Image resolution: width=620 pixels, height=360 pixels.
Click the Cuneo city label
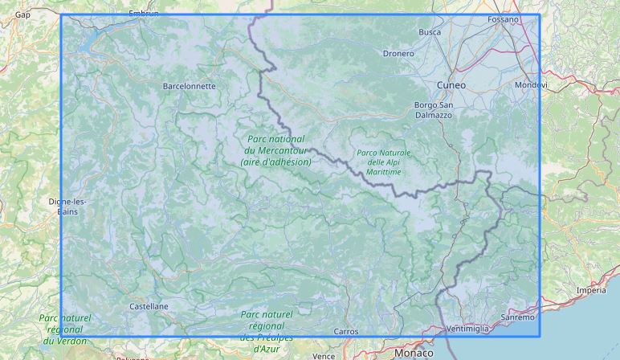pos(451,84)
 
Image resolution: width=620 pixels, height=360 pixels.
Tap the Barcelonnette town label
pos(189,85)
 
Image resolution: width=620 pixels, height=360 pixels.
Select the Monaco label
pos(414,353)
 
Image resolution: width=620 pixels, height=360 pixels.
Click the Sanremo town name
pos(517,317)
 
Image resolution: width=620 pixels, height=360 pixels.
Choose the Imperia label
pos(591,290)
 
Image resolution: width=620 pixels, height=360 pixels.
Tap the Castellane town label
pos(149,306)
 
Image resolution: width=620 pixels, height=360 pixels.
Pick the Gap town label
pos(22,14)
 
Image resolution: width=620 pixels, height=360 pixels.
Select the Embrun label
pos(144,14)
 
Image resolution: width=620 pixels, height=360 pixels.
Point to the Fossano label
pos(504,18)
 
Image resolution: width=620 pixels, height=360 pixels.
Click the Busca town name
pos(430,32)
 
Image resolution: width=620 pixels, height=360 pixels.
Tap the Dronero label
pos(398,54)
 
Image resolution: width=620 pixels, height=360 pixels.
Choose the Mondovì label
pos(531,84)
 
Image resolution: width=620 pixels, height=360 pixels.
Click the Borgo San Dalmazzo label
pos(433,110)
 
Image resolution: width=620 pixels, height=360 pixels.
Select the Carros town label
pos(345,331)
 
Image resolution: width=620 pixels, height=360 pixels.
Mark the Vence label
pos(324,355)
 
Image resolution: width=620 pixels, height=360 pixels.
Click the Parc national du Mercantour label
pos(275,150)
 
